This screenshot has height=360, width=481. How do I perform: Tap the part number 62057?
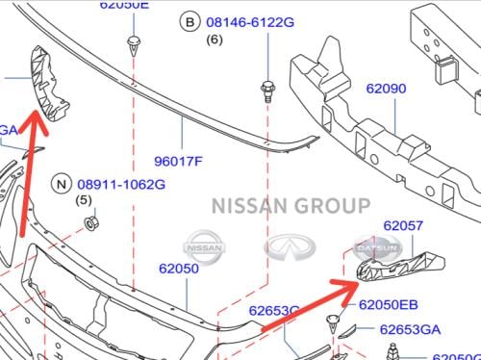click(402, 225)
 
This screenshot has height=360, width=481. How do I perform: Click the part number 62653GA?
click(410, 329)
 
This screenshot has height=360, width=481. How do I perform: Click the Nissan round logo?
click(209, 246)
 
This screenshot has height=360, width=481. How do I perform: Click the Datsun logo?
click(372, 247)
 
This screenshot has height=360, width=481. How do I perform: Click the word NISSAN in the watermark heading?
click(250, 205)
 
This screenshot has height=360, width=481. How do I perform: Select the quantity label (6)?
click(214, 39)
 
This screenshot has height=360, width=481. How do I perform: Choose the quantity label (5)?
click(85, 200)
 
